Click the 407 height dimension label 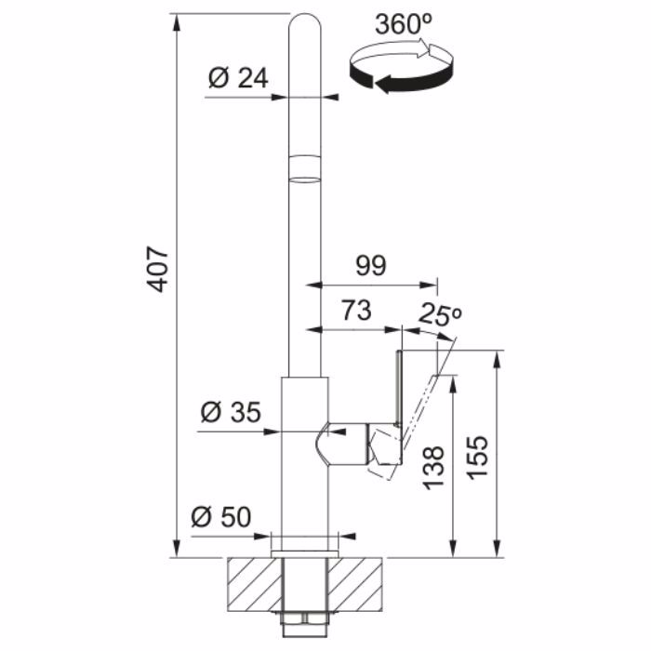[158, 270]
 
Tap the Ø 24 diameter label [238, 77]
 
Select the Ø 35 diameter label [231, 412]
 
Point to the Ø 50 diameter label [221, 517]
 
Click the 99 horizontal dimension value [371, 266]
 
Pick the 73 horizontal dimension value [356, 311]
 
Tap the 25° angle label [440, 315]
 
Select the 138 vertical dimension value [434, 468]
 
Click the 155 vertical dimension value [478, 458]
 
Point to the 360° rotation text [404, 24]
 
